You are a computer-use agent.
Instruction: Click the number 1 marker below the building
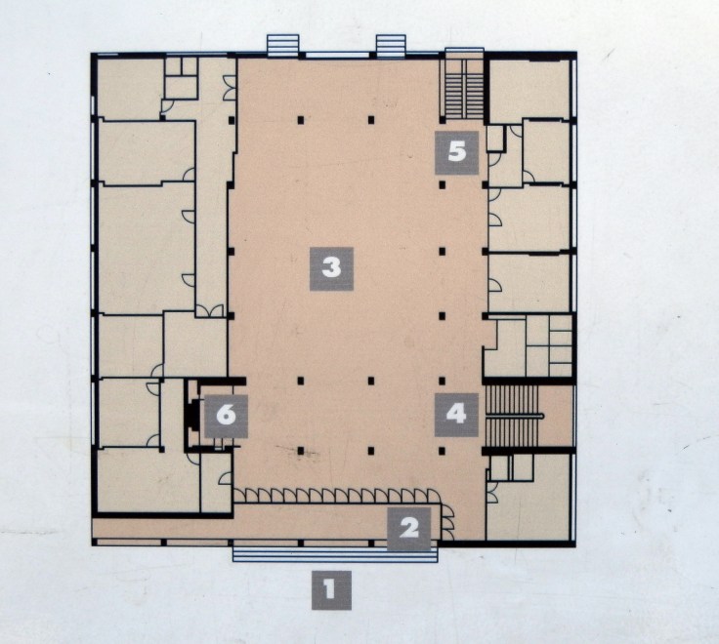(331, 590)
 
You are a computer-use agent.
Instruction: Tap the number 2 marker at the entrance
(409, 529)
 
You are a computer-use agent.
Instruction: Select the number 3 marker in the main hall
(331, 268)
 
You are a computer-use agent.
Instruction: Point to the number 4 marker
(457, 415)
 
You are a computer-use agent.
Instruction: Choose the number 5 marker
(457, 152)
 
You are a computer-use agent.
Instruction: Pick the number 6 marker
(226, 416)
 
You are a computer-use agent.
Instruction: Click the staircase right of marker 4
(512, 416)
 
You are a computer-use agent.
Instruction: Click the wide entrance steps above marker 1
(335, 554)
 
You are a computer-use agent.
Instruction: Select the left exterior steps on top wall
(283, 45)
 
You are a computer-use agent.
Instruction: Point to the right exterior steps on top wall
(391, 45)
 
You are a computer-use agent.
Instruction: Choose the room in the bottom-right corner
(529, 509)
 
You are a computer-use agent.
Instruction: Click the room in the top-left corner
(130, 89)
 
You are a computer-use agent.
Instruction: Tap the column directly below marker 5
(443, 185)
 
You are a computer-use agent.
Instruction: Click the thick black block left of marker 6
(189, 415)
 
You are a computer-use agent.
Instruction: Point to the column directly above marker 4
(443, 381)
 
